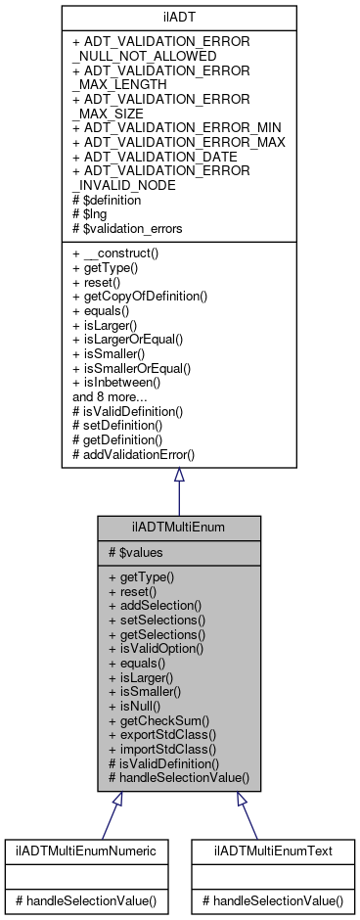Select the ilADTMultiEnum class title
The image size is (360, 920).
pos(179,528)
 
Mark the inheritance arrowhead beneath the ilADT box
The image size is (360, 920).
pos(179,475)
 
